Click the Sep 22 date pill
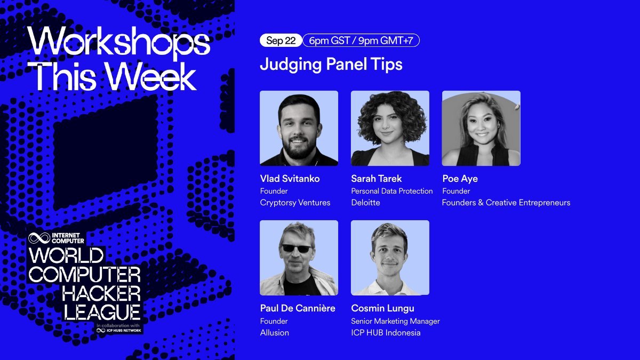point(281,41)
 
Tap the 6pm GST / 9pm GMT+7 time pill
point(361,41)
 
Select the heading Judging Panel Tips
point(331,65)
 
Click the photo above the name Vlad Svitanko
point(299,128)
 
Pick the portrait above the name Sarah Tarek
point(390,128)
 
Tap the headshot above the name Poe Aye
point(481,128)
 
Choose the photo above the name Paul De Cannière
point(299,258)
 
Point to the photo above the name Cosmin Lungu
point(390,258)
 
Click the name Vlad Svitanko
point(290,179)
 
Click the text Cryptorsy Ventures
point(295,203)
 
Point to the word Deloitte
point(365,203)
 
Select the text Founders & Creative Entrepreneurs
point(506,203)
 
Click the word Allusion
point(274,333)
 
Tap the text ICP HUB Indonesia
point(386,333)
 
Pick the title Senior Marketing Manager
point(395,321)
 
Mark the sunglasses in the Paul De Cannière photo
point(297,248)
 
